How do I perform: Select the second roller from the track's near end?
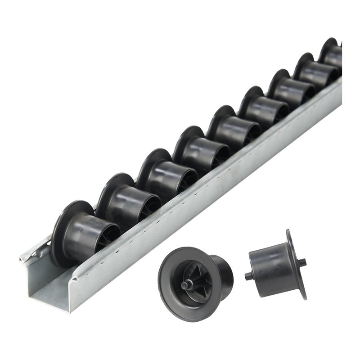tap(124, 202)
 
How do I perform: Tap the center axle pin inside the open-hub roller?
tap(184, 284)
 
